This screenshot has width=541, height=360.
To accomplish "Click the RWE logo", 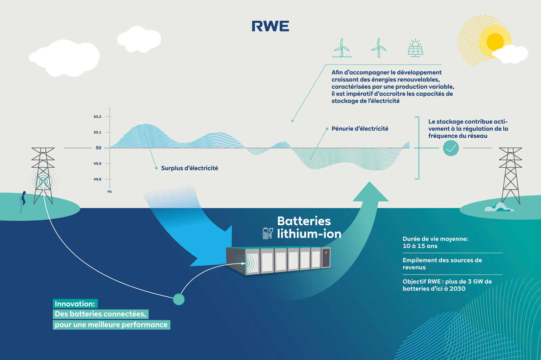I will point(270,26).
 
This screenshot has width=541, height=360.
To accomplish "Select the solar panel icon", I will point(415,48).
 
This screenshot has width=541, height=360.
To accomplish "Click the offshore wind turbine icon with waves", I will point(342,48).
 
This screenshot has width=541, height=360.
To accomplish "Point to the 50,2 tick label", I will point(97,117).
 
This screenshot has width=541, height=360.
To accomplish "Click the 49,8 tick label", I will point(97,179).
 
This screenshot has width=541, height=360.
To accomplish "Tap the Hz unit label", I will point(110,192).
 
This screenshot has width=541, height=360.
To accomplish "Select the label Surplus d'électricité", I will point(189,168).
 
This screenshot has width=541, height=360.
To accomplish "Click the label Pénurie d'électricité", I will point(360,129).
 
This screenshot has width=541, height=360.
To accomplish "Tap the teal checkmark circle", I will point(451,148).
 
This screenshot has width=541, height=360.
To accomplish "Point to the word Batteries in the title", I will point(304,221).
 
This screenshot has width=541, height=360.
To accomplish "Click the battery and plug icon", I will point(268,233).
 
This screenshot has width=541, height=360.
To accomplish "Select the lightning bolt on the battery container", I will point(326,253).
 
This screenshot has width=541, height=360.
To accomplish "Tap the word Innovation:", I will point(75,304).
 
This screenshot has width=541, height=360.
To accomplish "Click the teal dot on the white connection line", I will point(179,299).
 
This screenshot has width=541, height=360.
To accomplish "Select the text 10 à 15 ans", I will point(420,246).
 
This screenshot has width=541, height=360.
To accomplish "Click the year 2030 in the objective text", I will point(457,289).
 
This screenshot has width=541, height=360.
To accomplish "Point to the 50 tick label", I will point(98,148).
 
